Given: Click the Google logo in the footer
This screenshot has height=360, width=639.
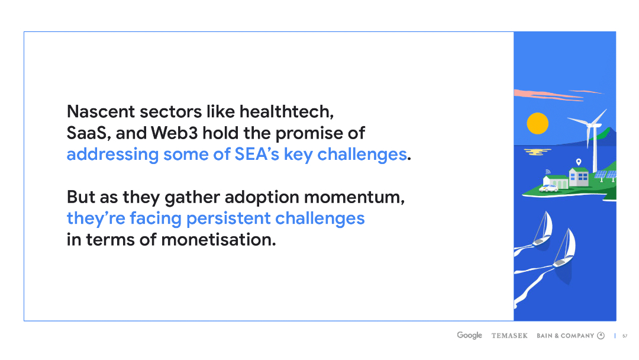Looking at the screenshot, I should point(469,336).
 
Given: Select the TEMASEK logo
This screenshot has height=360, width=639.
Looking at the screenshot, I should point(509,336).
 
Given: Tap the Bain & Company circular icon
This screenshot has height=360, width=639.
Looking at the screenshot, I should point(601,336).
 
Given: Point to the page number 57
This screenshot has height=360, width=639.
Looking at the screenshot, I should point(625,336).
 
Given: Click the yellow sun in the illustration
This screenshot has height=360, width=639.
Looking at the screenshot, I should point(537,123).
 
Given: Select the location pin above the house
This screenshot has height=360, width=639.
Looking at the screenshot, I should point(578,162).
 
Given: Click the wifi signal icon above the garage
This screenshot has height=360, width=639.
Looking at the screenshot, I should point(548,171).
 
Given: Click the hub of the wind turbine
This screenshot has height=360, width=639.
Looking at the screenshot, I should point(589,126).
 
